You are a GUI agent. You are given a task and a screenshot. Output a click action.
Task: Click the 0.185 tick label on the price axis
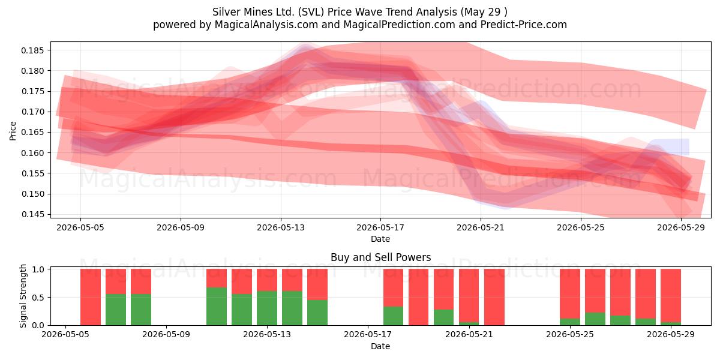pos(32,50)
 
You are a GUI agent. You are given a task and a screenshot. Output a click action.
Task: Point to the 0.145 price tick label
pos(32,214)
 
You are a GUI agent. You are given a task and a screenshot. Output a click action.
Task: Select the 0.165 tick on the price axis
pos(32,133)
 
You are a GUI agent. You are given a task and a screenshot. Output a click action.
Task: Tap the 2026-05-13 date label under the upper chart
pos(281,227)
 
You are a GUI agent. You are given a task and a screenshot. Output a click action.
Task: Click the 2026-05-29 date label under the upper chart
pos(681,227)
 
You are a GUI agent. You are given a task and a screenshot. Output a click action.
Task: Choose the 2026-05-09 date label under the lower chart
pos(166,335)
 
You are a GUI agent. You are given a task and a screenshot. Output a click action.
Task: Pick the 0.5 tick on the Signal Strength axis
pos(38,298)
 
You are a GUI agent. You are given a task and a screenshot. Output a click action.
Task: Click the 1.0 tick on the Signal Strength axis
pos(38,269)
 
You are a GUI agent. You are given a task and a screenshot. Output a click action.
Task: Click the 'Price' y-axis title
pos(13,131)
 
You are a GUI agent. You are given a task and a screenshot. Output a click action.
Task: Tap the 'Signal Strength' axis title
pos(23,296)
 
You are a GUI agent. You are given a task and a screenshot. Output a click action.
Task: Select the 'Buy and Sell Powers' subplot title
pos(380,257)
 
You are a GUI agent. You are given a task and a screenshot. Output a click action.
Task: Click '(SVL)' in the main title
pos(311,12)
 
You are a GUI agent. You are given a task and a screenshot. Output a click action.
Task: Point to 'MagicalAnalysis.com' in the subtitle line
pos(266,25)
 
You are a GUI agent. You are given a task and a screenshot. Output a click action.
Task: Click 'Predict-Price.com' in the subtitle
pos(524,25)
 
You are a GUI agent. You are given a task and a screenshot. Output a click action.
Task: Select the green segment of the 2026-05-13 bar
pos(267,308)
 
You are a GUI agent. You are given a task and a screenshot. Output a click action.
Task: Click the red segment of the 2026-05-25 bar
pos(570,294)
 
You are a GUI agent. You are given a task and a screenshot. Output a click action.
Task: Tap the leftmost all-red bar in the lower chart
pos(91,297)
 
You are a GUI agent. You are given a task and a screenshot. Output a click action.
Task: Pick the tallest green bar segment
pos(217,307)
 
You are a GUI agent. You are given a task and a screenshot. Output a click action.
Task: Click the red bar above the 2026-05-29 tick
pos(671,295)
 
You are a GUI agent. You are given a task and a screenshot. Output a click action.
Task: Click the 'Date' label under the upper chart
pos(380,239)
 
